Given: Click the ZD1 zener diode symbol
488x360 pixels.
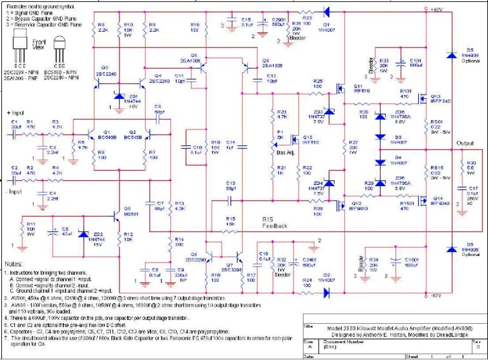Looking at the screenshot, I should (x=119, y=97).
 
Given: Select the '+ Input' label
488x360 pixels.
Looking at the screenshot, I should (x=17, y=112).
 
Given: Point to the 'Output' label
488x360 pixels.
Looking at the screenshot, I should (x=464, y=143).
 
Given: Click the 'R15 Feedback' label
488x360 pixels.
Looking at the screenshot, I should (x=274, y=222).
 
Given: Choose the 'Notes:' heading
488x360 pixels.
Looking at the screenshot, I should (x=13, y=263).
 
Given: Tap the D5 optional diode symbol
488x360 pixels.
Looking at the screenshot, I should (x=451, y=55).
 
